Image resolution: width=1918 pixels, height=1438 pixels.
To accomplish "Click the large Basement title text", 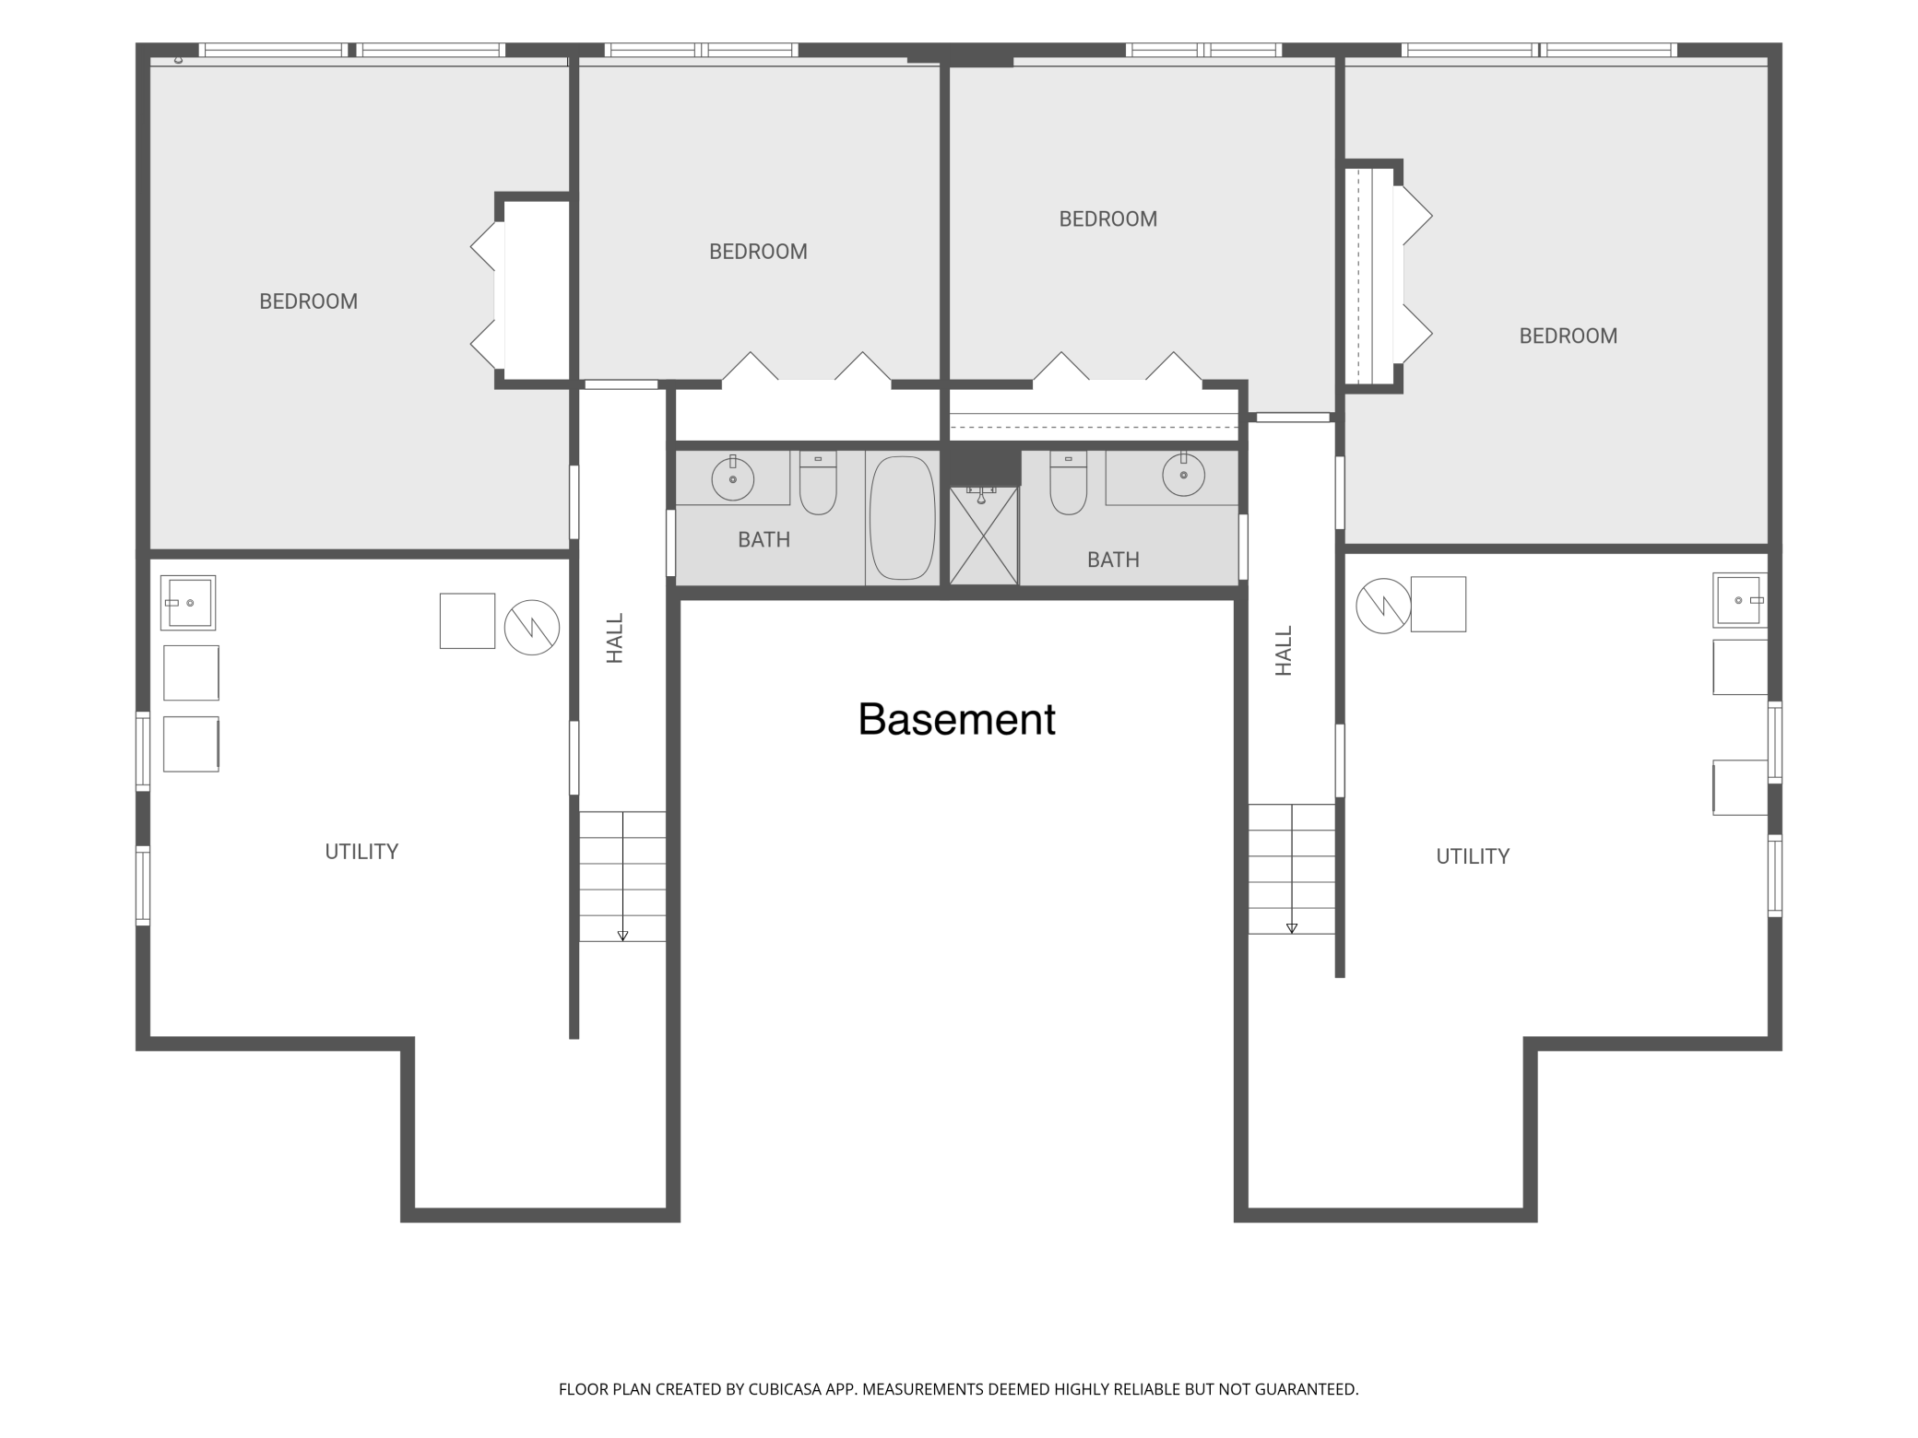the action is click(x=956, y=719).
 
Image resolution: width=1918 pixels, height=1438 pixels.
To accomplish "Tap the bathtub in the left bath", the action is click(x=902, y=518).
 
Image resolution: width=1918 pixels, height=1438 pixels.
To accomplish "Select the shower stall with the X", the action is click(x=984, y=536).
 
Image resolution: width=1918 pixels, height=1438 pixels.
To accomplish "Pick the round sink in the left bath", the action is click(x=733, y=478).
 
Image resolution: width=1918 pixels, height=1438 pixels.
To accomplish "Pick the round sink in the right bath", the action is click(x=1183, y=475).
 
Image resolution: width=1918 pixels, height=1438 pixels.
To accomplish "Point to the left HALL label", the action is click(x=615, y=638).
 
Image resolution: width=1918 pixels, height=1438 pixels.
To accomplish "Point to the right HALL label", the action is click(x=1284, y=651).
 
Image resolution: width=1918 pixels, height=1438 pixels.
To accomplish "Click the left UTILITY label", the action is click(x=361, y=852).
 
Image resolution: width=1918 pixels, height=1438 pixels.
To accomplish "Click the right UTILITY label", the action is click(x=1473, y=856).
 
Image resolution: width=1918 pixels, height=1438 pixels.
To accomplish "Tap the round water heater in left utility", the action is click(x=532, y=628).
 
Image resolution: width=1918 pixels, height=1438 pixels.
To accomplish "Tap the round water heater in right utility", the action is click(x=1383, y=606).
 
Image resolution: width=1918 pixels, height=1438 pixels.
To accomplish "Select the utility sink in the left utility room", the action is click(x=188, y=603).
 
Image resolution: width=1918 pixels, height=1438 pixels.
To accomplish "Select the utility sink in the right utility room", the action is click(x=1740, y=600).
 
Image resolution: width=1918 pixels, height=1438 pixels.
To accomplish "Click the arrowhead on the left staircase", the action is click(x=622, y=936).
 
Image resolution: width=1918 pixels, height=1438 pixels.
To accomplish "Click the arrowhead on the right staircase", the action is click(x=1292, y=928).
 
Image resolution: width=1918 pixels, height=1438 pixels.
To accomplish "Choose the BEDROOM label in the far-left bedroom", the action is click(x=308, y=301).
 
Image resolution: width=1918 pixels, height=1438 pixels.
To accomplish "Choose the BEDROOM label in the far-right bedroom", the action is click(x=1568, y=336).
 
